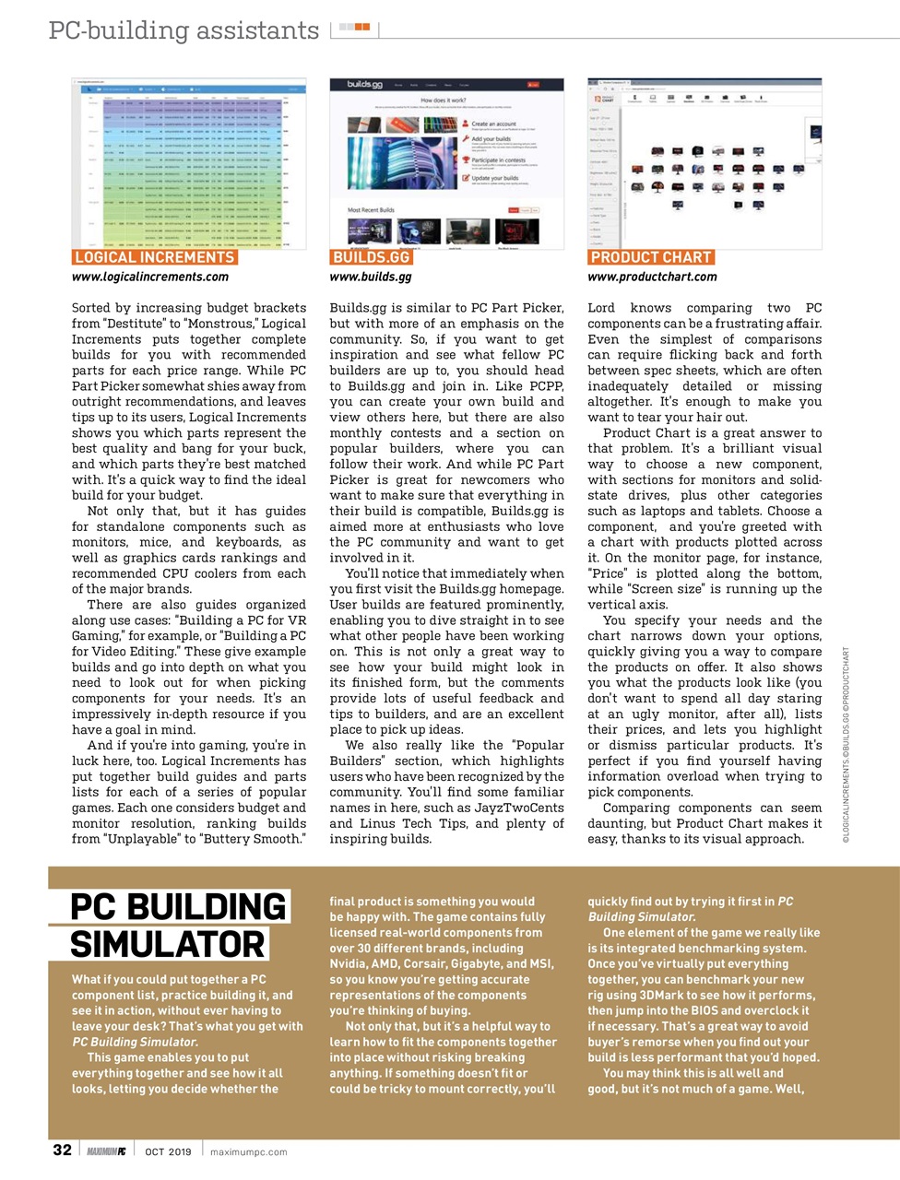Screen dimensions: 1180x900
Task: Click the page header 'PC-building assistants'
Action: (x=184, y=30)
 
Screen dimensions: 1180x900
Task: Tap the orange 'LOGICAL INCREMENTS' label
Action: (x=154, y=257)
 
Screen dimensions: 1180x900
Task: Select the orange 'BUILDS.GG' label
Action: (x=371, y=257)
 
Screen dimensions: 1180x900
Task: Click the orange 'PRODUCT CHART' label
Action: (x=651, y=257)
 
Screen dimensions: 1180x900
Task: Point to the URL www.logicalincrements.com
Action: (x=150, y=277)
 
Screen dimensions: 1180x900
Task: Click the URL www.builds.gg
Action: (x=371, y=277)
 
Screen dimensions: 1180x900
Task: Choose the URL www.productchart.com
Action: (x=652, y=277)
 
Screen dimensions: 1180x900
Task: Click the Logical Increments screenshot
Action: (x=189, y=163)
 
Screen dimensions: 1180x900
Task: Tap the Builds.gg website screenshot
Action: (x=446, y=163)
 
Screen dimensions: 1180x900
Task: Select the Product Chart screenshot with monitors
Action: (x=705, y=163)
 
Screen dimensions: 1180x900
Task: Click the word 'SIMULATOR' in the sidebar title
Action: (x=167, y=945)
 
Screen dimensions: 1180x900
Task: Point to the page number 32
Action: (x=62, y=1150)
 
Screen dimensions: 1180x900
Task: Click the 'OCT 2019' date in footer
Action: (x=168, y=1151)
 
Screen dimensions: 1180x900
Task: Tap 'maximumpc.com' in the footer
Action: (x=248, y=1151)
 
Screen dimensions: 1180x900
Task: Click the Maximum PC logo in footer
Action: (x=106, y=1151)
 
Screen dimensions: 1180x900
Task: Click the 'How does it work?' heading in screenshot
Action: (x=444, y=100)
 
